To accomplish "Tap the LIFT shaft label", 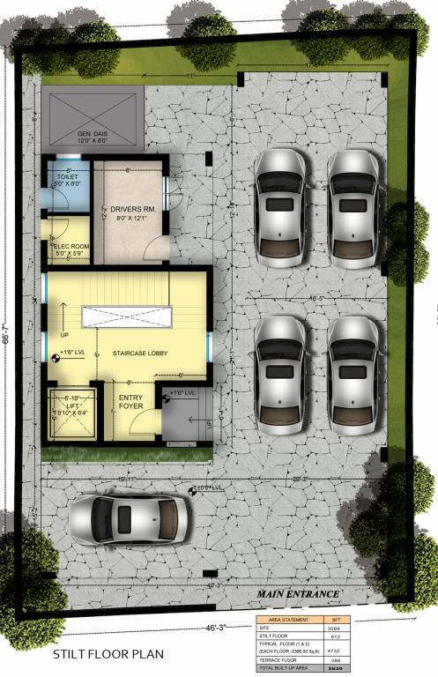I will click(70, 405).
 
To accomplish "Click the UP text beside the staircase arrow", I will click(63, 336).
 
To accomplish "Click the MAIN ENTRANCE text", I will click(298, 594).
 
